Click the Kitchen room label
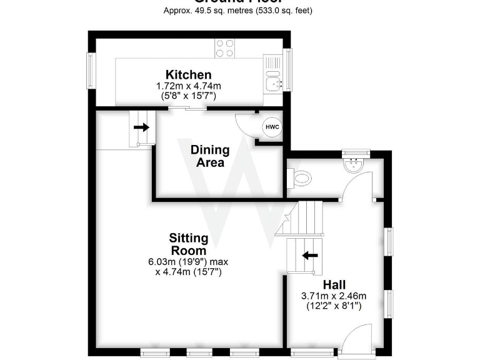(x=188, y=75)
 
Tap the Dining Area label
(x=210, y=156)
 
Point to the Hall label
(x=335, y=285)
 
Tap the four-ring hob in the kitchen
(x=225, y=48)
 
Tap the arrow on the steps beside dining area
(x=142, y=127)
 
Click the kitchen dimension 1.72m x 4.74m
(x=188, y=86)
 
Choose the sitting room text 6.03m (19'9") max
(x=188, y=262)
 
